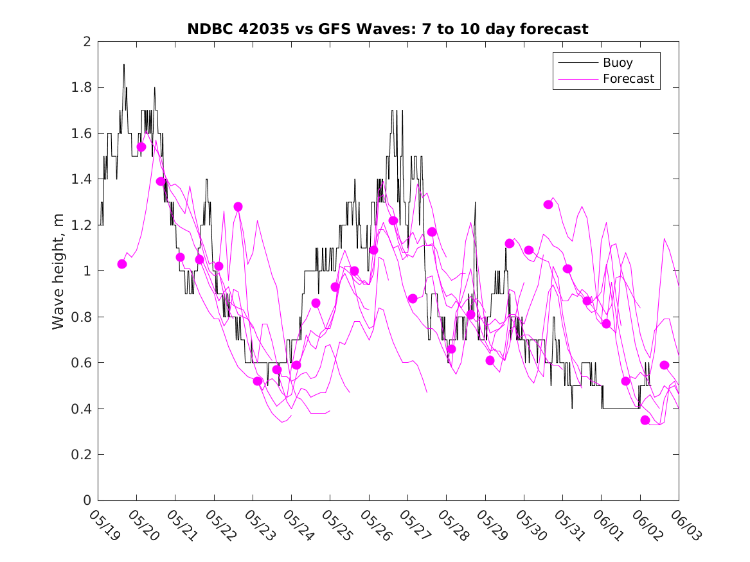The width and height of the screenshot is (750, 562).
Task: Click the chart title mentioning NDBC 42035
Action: tap(388, 29)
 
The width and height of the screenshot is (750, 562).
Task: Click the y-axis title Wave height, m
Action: tap(58, 270)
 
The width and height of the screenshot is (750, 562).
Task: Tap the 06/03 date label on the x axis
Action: tap(683, 525)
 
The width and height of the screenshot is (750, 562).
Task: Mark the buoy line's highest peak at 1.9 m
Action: tap(124, 65)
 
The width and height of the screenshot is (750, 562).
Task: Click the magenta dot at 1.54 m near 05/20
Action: tap(141, 147)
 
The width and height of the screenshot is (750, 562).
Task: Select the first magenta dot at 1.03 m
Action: tap(122, 264)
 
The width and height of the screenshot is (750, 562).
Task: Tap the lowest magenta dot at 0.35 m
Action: tap(645, 420)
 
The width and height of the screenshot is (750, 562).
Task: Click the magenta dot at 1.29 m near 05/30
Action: tap(548, 205)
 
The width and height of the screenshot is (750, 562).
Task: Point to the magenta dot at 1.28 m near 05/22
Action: tap(238, 207)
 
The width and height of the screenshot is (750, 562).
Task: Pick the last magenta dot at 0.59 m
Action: tap(665, 365)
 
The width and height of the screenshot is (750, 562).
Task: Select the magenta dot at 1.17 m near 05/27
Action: tap(432, 232)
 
